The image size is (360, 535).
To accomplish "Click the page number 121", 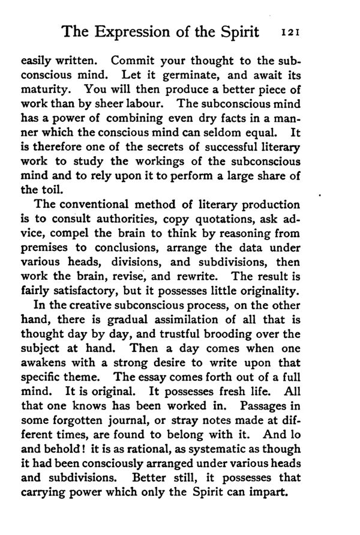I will tap(295, 32).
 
